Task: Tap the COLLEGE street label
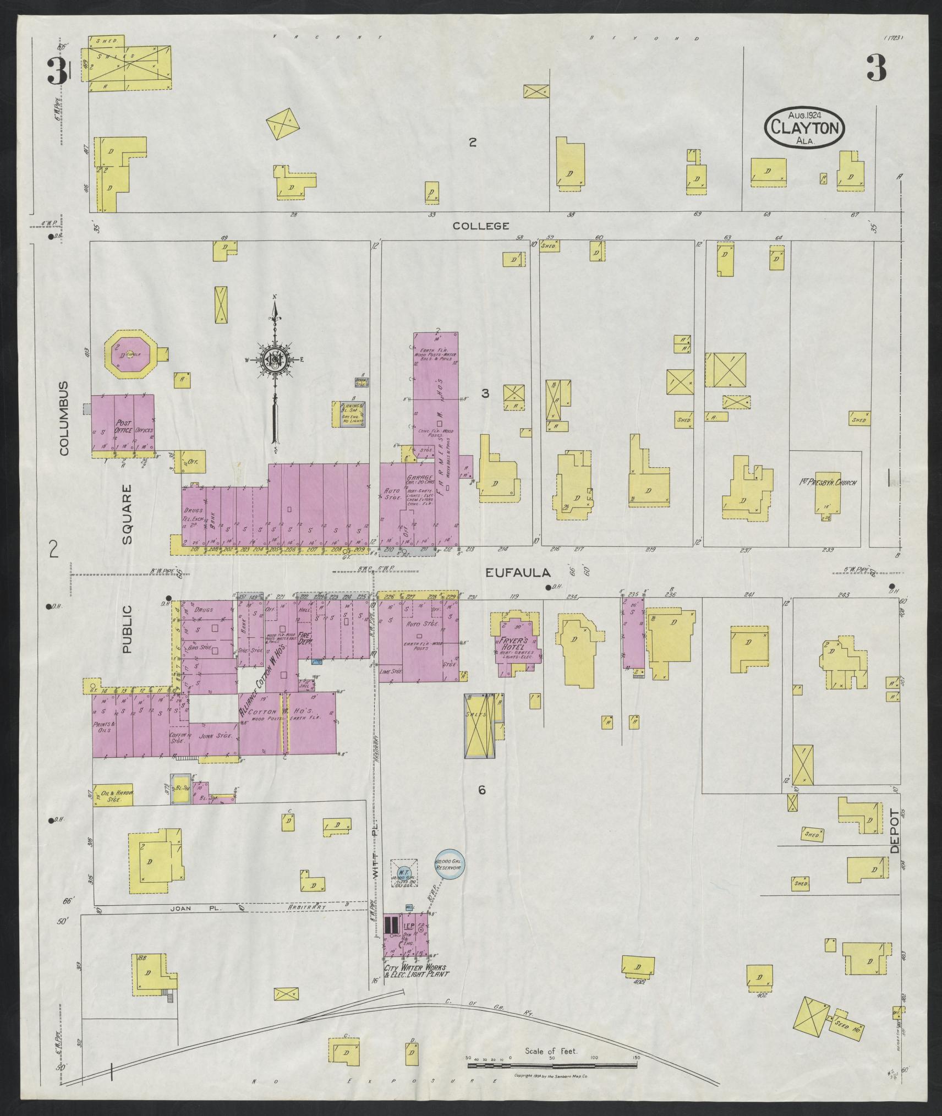click(x=481, y=226)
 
